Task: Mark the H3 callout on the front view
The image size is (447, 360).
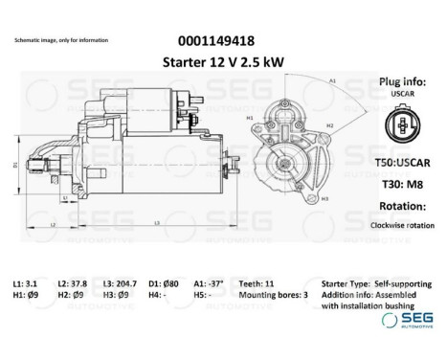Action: point(325,198)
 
